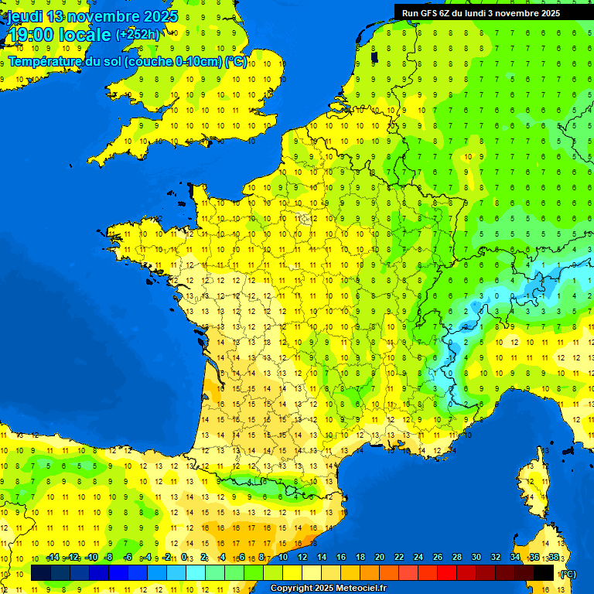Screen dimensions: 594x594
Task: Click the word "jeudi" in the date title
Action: tap(26, 16)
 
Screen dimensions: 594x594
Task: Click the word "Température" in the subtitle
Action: tap(45, 62)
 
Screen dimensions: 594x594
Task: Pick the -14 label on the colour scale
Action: tap(53, 558)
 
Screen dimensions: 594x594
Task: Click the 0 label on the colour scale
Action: tap(183, 558)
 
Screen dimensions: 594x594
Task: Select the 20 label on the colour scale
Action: tap(379, 558)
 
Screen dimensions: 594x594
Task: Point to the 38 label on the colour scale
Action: tap(553, 558)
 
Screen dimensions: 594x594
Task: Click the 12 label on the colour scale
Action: tap(302, 558)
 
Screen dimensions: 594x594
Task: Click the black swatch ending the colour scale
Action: tap(544, 572)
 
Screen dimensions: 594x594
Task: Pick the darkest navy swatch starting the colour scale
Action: tap(41, 572)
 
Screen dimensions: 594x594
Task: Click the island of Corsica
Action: tap(531, 491)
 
